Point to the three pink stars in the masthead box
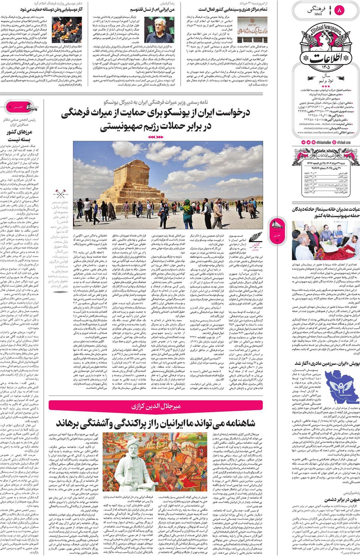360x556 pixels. pyautogui.click(x=326, y=86)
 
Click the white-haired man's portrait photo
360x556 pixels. pyautogui.click(x=159, y=29)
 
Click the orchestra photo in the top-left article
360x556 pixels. pyautogui.click(x=67, y=30)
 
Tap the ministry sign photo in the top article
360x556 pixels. pyautogui.click(x=252, y=29)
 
